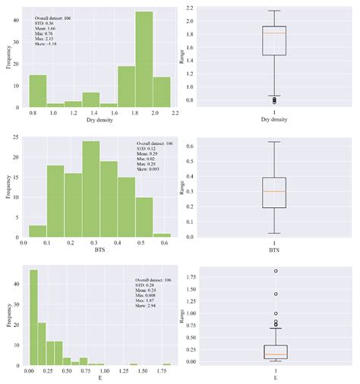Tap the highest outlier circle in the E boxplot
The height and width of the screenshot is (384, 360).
275,271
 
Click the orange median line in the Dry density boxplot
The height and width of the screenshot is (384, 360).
273,33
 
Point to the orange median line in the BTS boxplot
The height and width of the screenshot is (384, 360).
273,191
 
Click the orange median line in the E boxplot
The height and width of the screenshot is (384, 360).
273,354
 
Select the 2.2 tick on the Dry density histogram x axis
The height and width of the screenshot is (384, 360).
174,112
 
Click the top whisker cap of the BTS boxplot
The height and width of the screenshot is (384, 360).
273,142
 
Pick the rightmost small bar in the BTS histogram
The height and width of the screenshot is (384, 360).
162,234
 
